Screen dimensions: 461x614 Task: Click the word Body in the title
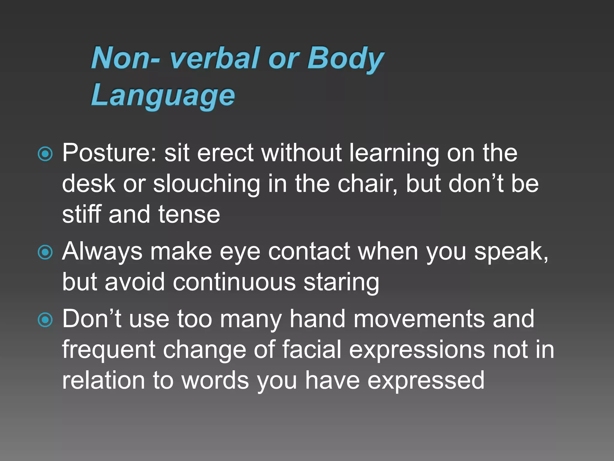coord(345,59)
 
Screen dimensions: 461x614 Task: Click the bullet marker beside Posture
coord(45,154)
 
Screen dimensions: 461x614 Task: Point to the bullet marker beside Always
coord(45,252)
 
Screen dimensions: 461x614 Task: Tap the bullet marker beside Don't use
coord(45,320)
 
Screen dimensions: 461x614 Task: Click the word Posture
coord(109,153)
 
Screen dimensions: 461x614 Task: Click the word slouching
coord(207,184)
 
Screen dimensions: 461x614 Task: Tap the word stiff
coord(82,214)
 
